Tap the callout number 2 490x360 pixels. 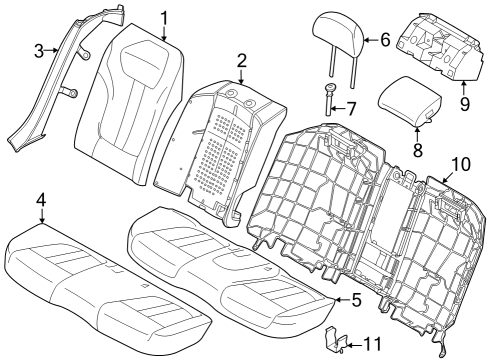[x=241, y=62]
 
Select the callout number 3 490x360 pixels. [x=39, y=50]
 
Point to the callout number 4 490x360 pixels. [x=40, y=200]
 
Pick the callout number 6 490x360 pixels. [x=385, y=40]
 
